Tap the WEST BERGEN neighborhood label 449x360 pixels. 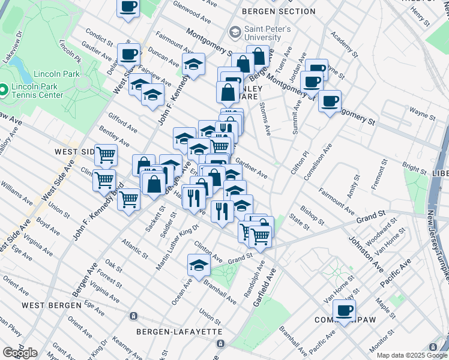pyautogui.click(x=51, y=305)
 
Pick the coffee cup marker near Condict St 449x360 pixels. pyautogui.click(x=128, y=54)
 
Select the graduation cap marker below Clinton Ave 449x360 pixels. pyautogui.click(x=199, y=265)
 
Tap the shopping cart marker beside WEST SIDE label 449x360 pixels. pyautogui.click(x=106, y=155)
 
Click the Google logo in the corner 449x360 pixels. pyautogui.click(x=20, y=353)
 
